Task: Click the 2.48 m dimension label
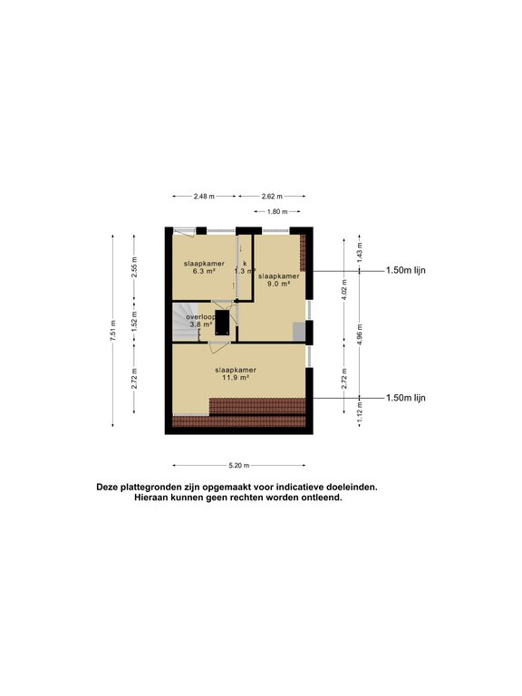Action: click(x=204, y=196)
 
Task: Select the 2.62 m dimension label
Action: click(x=271, y=196)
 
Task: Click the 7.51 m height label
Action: click(x=112, y=327)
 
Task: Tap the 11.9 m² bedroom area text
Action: click(x=235, y=378)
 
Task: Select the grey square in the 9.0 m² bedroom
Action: click(x=299, y=331)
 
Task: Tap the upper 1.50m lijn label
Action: click(x=405, y=270)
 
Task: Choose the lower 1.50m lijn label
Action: click(x=405, y=398)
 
